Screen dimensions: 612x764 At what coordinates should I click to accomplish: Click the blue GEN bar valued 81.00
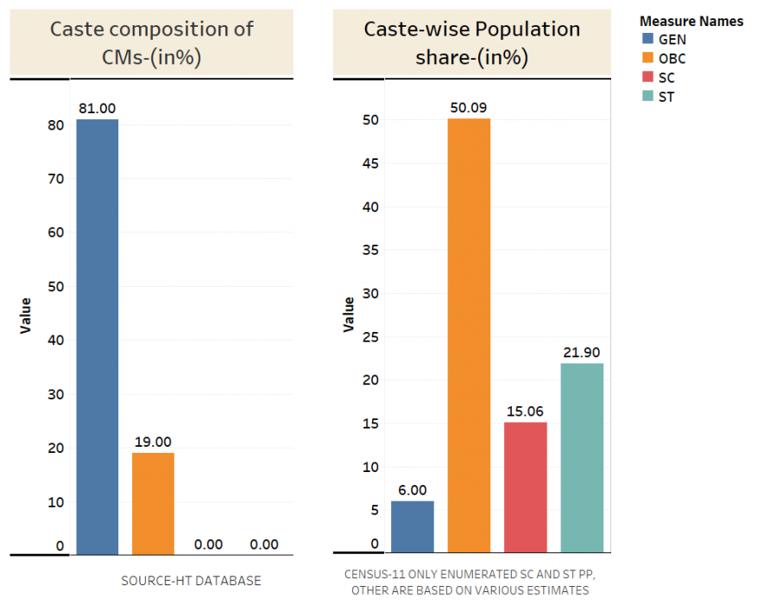pos(98,336)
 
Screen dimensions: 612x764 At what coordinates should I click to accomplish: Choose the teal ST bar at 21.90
pos(582,457)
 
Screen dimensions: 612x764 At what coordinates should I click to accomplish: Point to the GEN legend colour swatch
pos(647,39)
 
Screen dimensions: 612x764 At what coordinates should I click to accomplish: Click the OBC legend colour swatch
pos(647,59)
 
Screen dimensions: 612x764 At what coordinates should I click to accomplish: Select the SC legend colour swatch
pos(647,78)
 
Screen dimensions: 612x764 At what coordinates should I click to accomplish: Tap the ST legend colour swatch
pos(647,97)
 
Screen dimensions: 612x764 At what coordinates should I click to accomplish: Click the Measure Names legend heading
pos(691,21)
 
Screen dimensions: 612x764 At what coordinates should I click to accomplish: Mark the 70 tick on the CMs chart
pos(56,179)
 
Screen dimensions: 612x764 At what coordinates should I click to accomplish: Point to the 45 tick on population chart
pos(372,163)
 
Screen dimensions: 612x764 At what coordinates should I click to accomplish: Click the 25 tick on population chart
pos(372,336)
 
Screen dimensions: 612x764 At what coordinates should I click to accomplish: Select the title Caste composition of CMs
pos(152,42)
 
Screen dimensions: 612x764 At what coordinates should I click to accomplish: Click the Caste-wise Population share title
pos(472,42)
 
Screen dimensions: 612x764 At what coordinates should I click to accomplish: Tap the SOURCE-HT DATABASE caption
pos(191,581)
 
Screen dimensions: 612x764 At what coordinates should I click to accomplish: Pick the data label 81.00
pos(97,108)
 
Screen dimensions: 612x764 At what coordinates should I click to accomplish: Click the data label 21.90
pos(582,352)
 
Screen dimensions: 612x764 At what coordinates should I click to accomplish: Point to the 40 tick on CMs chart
pos(56,341)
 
